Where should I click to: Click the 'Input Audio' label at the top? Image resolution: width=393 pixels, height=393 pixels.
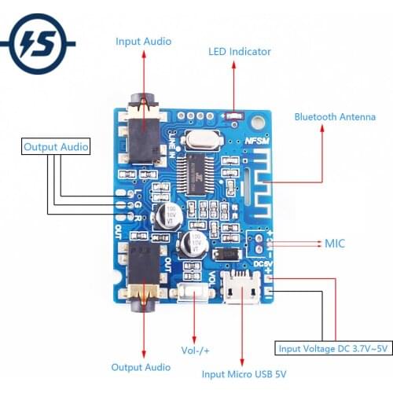143,42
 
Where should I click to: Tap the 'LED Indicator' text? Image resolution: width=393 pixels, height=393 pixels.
239,52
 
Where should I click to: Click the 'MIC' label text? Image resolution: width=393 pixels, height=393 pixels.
335,244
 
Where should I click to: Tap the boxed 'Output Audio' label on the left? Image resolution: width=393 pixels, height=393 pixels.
56,147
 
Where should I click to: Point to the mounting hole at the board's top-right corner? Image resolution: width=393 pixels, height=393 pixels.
264,116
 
